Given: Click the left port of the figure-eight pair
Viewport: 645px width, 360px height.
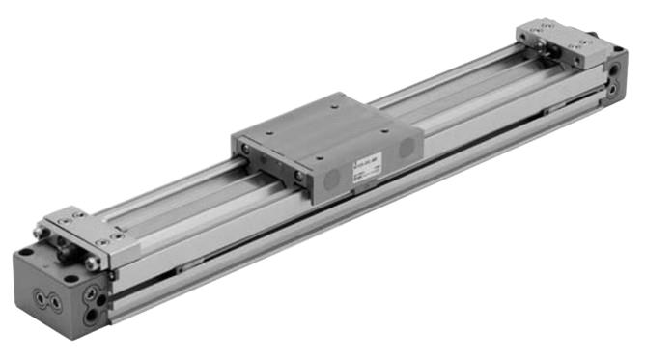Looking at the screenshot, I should (x=40, y=298).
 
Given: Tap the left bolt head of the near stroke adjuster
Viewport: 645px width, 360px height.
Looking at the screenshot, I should (x=42, y=233).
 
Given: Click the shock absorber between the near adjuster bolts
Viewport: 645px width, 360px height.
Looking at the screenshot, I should (x=68, y=247).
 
